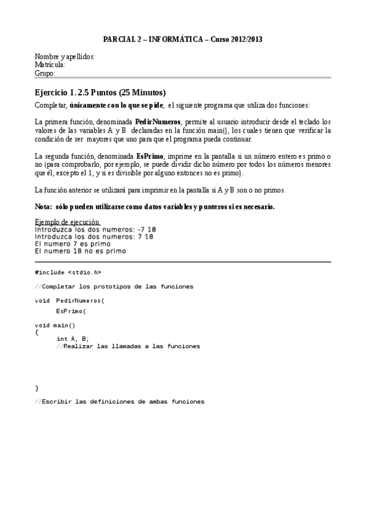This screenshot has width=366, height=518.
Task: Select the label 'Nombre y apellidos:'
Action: click(65, 57)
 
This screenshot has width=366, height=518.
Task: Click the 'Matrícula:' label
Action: click(50, 65)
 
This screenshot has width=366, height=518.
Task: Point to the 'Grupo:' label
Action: click(45, 73)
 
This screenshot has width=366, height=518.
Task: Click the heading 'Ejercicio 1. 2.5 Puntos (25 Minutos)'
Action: click(100, 93)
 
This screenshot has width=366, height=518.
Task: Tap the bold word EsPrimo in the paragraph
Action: click(150, 156)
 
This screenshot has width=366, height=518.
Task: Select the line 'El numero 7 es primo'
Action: click(73, 243)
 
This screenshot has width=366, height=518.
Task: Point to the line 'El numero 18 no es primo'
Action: click(80, 250)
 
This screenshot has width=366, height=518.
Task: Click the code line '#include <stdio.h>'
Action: click(68, 272)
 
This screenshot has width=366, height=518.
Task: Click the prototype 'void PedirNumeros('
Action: click(70, 301)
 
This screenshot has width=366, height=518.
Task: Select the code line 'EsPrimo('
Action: click(71, 311)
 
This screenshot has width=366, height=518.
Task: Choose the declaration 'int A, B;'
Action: click(73, 338)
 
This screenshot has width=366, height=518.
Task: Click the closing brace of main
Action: click(37, 388)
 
